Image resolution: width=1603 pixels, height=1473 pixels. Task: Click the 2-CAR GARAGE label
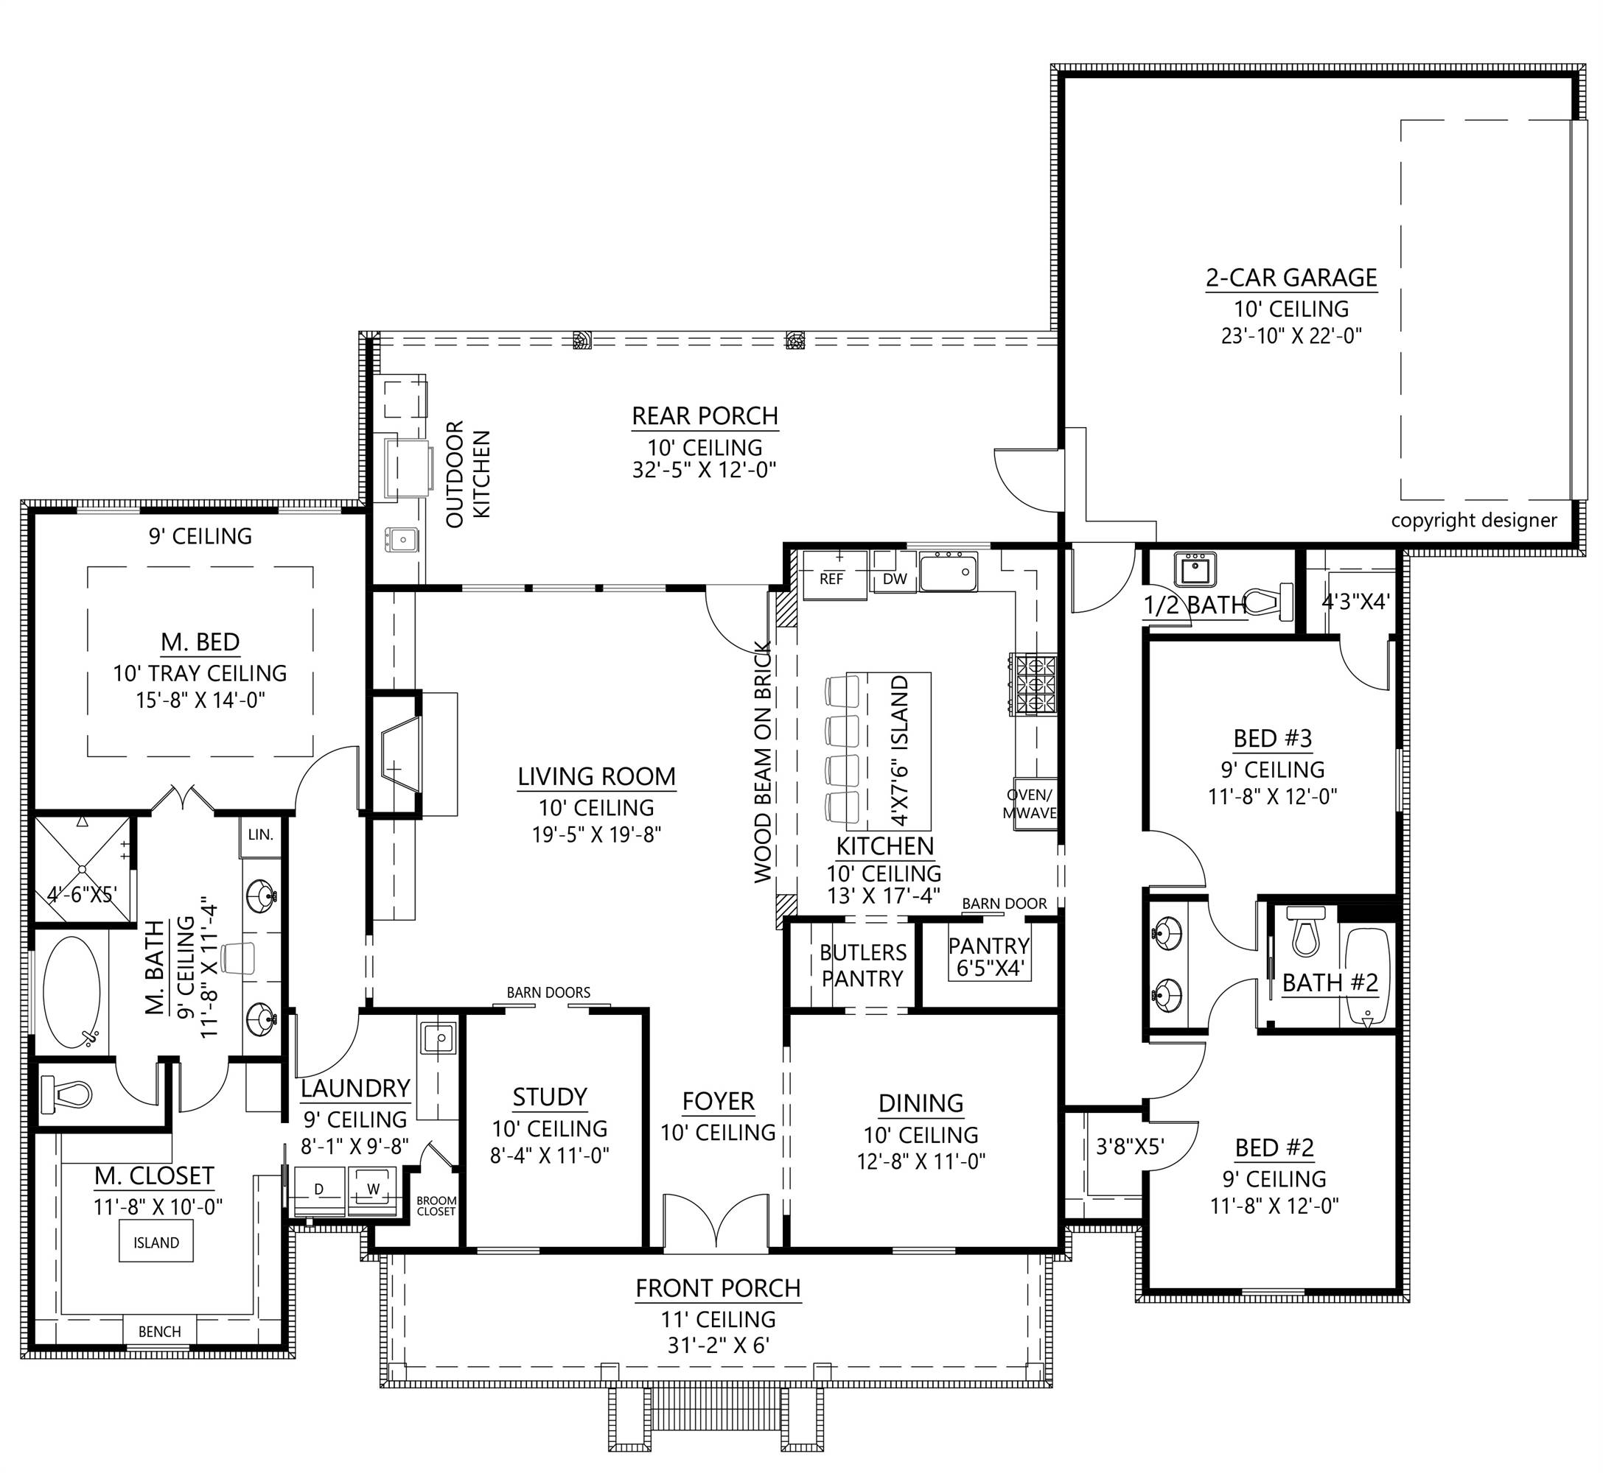pos(1291,278)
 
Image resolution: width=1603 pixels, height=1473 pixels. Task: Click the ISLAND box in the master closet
pos(156,1242)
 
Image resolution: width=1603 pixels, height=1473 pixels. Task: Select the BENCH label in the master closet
pos(159,1331)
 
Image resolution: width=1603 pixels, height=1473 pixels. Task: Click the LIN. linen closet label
pos(261,834)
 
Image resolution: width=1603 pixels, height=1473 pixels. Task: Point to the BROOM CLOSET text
pos(436,1206)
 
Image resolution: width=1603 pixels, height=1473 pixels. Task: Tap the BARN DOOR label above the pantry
pos(1004,903)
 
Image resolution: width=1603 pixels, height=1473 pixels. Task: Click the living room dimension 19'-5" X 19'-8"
pos(597,834)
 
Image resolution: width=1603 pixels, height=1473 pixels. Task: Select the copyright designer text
pos(1474,521)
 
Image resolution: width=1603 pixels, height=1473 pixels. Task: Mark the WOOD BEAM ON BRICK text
pos(764,762)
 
